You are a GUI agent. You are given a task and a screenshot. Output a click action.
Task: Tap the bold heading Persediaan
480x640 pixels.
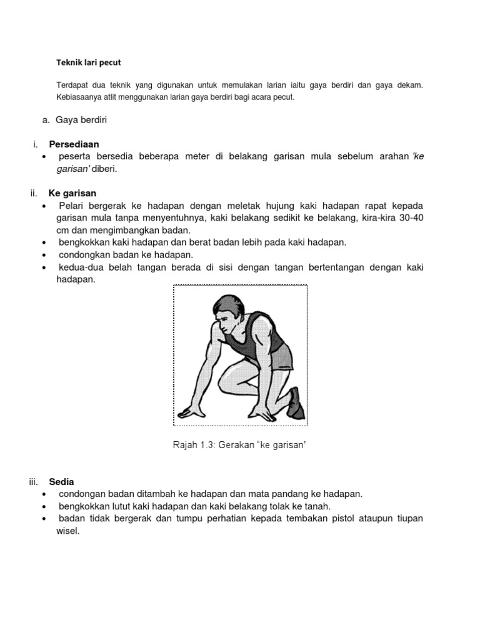tap(74, 144)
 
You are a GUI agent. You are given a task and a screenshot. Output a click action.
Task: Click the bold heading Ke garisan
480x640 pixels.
tap(72, 192)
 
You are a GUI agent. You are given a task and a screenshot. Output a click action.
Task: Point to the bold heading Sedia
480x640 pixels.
tap(61, 481)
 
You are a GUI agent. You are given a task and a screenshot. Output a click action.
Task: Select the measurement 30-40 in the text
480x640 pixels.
tap(410, 218)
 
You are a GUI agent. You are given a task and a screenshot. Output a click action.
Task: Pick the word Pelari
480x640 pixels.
tap(73, 206)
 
